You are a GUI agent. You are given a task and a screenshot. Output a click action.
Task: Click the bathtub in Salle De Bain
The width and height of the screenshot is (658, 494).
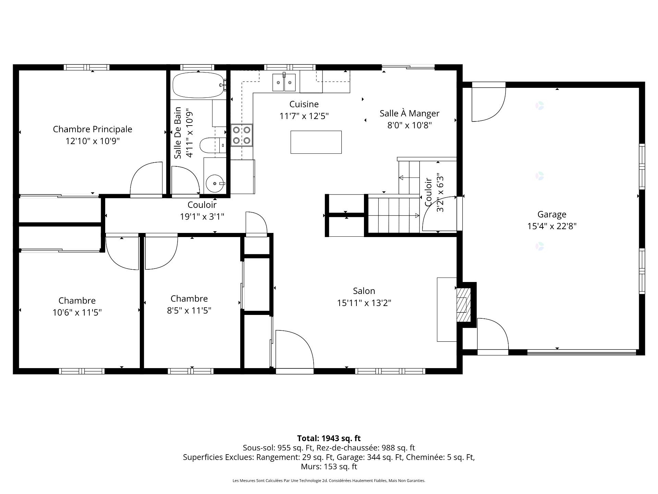(198, 85)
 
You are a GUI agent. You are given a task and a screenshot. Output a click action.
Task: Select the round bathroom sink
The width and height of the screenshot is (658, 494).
(215, 184)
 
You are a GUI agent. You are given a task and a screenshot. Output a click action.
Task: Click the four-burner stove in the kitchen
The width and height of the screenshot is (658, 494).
(241, 135)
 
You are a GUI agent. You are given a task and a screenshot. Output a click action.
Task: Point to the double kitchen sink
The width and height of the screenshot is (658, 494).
(284, 82)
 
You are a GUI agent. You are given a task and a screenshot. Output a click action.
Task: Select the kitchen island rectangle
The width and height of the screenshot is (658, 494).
(316, 142)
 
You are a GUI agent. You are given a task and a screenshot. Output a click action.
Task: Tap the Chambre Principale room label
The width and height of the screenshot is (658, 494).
(93, 129)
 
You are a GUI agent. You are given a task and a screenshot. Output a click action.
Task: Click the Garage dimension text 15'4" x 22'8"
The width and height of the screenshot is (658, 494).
(552, 226)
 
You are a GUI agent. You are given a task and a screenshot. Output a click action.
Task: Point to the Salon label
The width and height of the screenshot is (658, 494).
(364, 291)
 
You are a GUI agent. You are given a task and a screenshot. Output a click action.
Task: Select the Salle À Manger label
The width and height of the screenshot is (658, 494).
(410, 113)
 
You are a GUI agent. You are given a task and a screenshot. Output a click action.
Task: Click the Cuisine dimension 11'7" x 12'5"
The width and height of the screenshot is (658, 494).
(304, 116)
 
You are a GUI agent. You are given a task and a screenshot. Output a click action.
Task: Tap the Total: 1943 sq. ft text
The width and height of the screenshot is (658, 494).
(329, 438)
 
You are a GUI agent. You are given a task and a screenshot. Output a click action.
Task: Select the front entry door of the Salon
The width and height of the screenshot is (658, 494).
(295, 350)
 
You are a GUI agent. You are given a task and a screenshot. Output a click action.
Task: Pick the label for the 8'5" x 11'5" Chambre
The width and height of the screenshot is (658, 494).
(189, 298)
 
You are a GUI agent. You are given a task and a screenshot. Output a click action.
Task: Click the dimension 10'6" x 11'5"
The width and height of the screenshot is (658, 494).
(77, 313)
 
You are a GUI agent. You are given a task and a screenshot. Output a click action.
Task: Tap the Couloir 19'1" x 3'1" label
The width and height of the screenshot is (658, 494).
(202, 211)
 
